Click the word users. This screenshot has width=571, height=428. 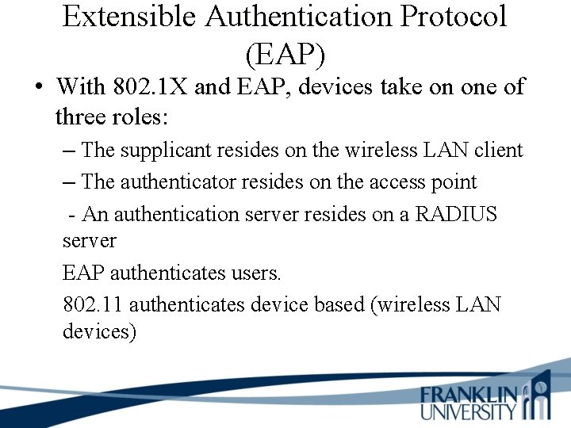tap(255, 273)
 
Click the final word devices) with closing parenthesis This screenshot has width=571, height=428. tap(100, 331)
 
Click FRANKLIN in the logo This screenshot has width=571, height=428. tap(469, 395)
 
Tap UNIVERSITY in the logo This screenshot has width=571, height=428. tap(469, 411)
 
